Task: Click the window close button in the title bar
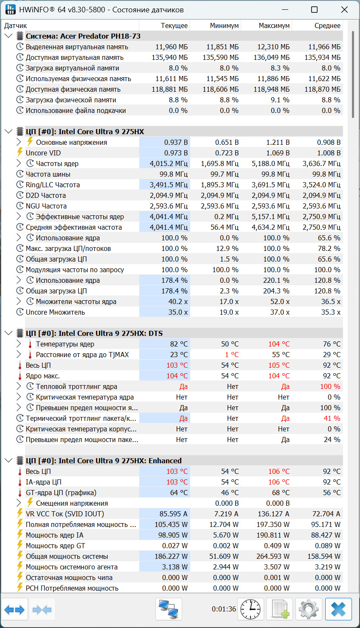pyautogui.click(x=344, y=10)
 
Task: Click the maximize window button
pyautogui.click(x=314, y=10)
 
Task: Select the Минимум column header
pyautogui.click(x=224, y=25)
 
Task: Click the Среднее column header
pyautogui.click(x=327, y=25)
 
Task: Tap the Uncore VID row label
pyautogui.click(x=43, y=153)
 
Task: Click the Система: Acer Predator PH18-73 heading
pyautogui.click(x=83, y=36)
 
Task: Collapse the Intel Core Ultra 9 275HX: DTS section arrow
pyautogui.click(x=8, y=333)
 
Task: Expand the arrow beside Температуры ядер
pyautogui.click(x=19, y=344)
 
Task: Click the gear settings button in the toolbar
pyautogui.click(x=309, y=609)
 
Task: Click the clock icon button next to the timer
pyautogui.click(x=250, y=609)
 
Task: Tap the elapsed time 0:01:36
pyautogui.click(x=224, y=609)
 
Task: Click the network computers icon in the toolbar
pyautogui.click(x=169, y=609)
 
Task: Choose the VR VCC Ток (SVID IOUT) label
pyautogui.click(x=65, y=514)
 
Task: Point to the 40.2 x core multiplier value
pyautogui.click(x=178, y=301)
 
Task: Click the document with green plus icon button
pyautogui.click(x=280, y=609)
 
